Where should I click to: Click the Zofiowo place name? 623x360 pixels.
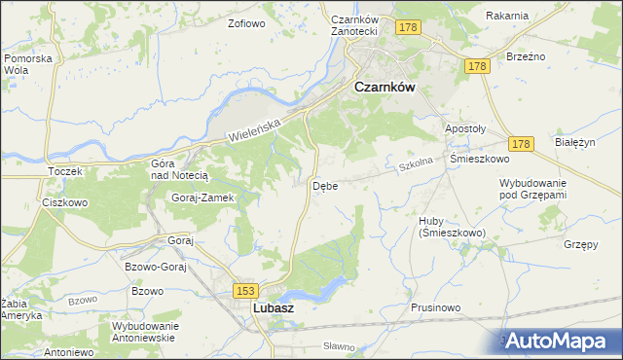pyautogui.click(x=246, y=22)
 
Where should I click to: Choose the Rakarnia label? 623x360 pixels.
pyautogui.click(x=506, y=16)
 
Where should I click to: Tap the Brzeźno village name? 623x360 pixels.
pyautogui.click(x=526, y=56)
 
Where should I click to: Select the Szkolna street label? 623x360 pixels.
pyautogui.click(x=415, y=166)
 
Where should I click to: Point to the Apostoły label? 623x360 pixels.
pyautogui.click(x=464, y=128)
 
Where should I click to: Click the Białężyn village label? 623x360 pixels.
pyautogui.click(x=573, y=142)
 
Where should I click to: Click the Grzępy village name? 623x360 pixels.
pyautogui.click(x=580, y=244)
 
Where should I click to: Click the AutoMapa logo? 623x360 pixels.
pyautogui.click(x=559, y=341)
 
